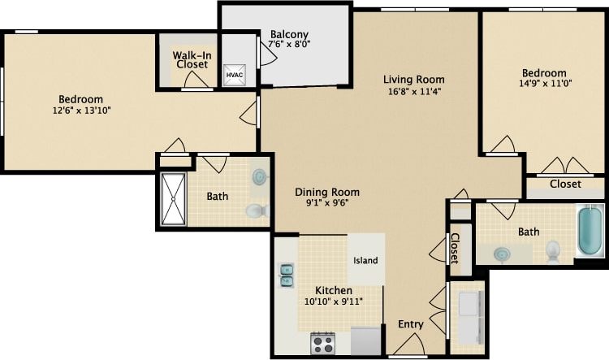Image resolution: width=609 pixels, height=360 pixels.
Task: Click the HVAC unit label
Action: tap(234, 75)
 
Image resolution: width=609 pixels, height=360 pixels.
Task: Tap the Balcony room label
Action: tap(289, 34)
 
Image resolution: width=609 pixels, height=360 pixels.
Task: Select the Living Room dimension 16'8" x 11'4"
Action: tap(413, 92)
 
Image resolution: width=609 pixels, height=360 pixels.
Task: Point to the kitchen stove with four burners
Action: tap(322, 343)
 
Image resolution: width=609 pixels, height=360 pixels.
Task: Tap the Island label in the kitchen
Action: tap(365, 260)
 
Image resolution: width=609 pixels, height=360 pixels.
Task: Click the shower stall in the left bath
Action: tap(173, 199)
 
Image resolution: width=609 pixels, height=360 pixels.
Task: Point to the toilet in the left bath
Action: tap(257, 211)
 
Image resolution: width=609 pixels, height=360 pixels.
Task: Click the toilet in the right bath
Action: tap(554, 251)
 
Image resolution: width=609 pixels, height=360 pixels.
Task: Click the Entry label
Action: tap(410, 324)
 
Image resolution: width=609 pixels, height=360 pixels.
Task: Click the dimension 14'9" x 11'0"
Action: tap(545, 84)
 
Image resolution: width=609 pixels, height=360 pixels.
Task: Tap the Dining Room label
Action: tap(326, 193)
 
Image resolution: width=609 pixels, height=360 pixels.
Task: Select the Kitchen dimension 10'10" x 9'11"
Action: tap(333, 301)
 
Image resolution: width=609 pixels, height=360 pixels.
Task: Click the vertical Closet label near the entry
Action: tap(455, 248)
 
